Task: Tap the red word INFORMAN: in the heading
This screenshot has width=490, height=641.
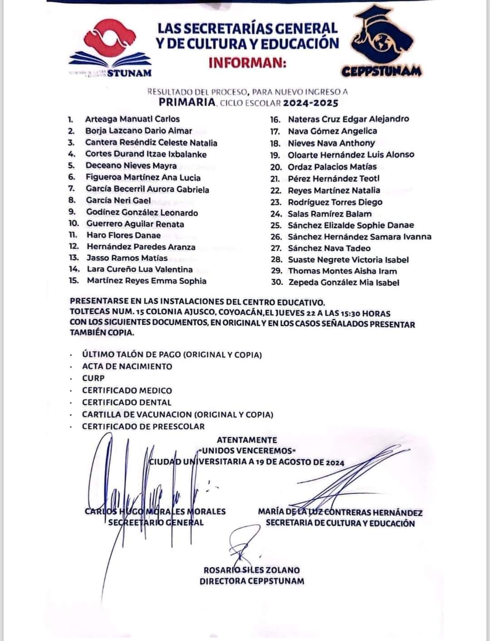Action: click(247, 63)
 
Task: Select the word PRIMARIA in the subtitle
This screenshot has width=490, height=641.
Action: click(187, 102)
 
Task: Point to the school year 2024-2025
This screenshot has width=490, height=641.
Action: click(311, 103)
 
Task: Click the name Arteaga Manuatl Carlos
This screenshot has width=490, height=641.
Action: click(132, 119)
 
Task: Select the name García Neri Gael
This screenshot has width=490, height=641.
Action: click(118, 200)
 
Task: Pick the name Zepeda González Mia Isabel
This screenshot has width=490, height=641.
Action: click(343, 282)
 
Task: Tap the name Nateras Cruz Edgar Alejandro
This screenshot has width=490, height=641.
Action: click(348, 119)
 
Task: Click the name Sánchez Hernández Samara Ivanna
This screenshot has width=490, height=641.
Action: click(359, 237)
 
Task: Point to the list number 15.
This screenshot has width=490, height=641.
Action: click(74, 281)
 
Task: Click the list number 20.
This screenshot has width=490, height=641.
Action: click(276, 166)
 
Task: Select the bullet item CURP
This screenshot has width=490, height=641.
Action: click(93, 378)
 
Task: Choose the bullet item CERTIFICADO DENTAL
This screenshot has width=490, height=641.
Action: click(127, 402)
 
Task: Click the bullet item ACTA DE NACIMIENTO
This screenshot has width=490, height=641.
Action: click(127, 366)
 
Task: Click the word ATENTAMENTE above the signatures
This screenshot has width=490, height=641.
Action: click(247, 440)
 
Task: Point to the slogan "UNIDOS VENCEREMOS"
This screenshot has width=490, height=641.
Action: click(247, 451)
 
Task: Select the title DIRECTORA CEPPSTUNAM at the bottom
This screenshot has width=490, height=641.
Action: click(252, 581)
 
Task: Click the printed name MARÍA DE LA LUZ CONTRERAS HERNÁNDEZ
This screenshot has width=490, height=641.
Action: click(340, 513)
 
